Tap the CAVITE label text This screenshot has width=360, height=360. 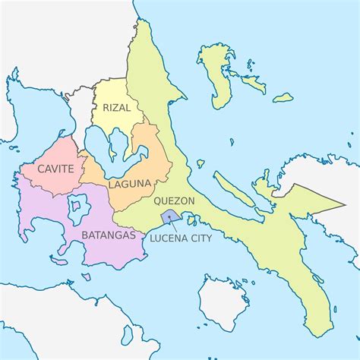(x=55, y=169)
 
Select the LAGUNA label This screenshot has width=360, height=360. (x=129, y=184)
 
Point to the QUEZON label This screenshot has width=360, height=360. (x=174, y=201)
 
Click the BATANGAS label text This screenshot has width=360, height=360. (x=104, y=235)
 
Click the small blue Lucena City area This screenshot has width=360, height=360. (x=170, y=217)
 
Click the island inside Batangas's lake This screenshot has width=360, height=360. (x=77, y=204)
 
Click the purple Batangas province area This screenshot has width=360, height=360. (x=46, y=216)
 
